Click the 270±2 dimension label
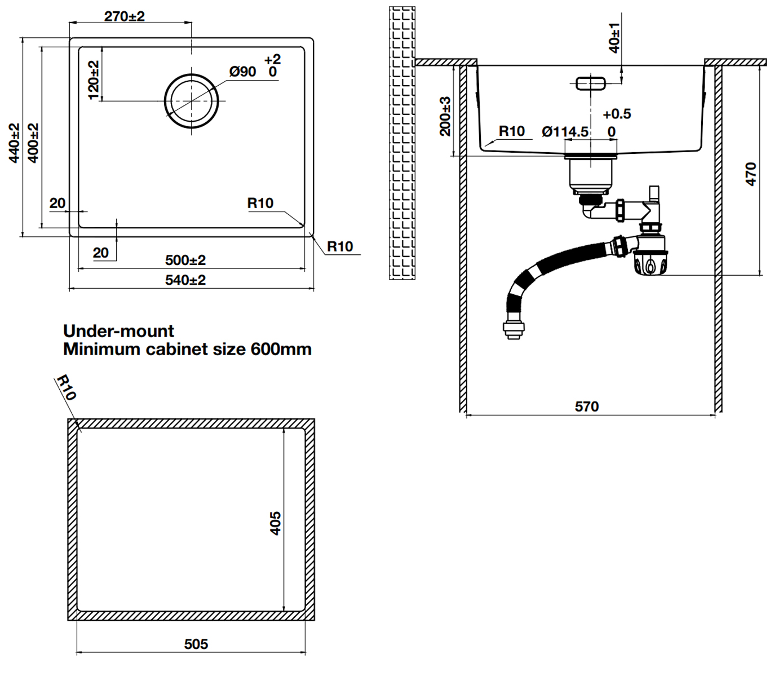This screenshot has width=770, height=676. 124,16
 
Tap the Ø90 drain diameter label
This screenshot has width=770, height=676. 242,72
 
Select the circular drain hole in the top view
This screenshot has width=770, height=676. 192,101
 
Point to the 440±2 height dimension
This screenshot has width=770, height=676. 15,143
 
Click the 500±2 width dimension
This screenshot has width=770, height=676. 185,260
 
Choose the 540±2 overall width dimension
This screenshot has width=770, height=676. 185,280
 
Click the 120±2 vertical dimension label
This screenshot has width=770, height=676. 94,80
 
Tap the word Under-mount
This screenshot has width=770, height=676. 118,331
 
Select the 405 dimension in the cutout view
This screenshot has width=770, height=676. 275,523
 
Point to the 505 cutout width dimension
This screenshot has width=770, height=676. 196,644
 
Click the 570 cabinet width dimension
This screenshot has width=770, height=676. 587,407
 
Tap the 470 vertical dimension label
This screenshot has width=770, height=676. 750,174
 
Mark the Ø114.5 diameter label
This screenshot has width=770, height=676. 565,132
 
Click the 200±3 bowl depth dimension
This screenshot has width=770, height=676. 445,116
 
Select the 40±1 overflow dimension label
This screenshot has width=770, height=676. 614,37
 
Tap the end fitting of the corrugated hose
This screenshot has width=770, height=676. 513,329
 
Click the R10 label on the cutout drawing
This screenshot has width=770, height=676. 66,387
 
